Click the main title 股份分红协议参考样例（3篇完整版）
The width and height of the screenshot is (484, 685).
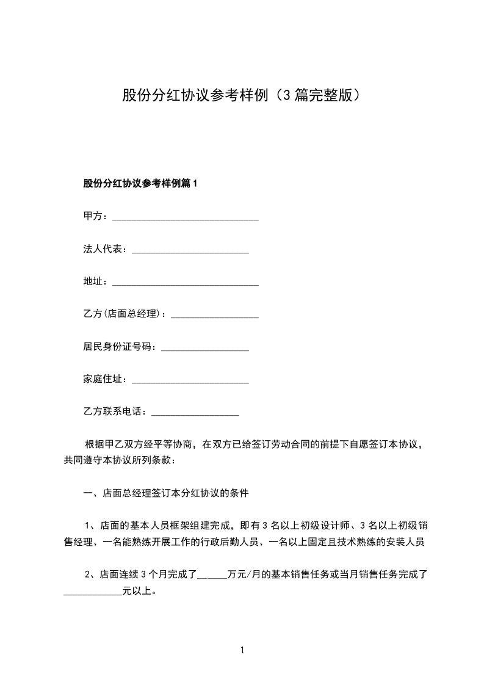[x=242, y=95]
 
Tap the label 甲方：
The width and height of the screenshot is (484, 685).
[x=97, y=216]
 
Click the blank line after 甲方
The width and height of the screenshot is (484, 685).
[x=186, y=219]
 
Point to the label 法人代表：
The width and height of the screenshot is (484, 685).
[x=107, y=249]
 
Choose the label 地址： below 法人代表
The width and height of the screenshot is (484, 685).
[x=97, y=281]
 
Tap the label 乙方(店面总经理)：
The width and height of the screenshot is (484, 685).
[x=126, y=314]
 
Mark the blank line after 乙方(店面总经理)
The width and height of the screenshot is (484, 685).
[x=215, y=316]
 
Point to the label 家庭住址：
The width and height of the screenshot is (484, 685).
[x=107, y=379]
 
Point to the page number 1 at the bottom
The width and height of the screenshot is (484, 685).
[x=242, y=650]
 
